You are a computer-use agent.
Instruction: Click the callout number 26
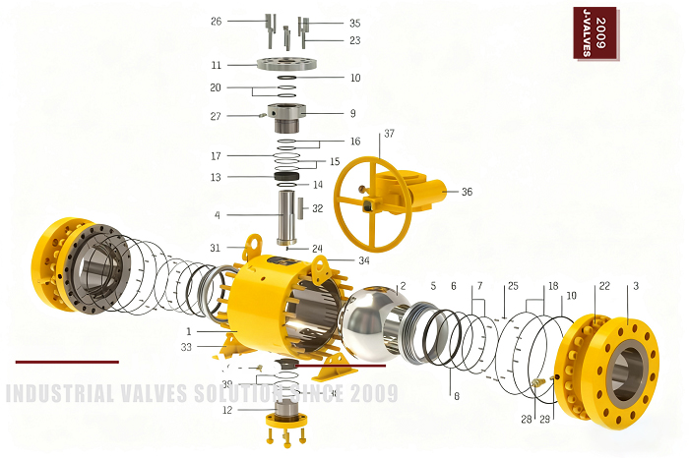(217, 21)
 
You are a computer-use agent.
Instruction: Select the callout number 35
(354, 22)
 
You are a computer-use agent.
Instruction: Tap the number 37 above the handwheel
(390, 133)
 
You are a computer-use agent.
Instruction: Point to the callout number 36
(467, 192)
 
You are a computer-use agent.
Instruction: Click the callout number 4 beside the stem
(217, 214)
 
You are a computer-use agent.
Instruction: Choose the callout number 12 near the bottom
(227, 410)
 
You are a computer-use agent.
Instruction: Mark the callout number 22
(604, 286)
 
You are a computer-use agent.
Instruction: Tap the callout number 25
(512, 286)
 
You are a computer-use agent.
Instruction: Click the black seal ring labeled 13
(286, 177)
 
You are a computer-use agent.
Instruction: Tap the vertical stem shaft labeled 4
(288, 216)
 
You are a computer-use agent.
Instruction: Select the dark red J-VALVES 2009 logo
(595, 31)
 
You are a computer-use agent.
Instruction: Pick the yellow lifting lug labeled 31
(254, 243)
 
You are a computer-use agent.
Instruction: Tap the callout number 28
(527, 419)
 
